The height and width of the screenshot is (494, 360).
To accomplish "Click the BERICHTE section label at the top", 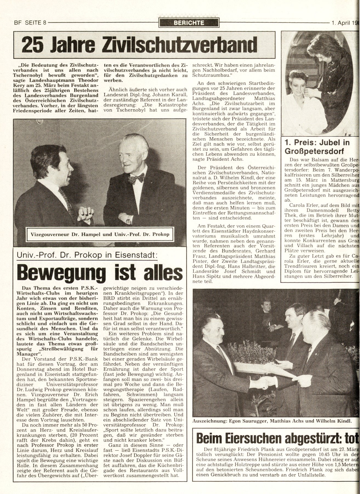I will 189,23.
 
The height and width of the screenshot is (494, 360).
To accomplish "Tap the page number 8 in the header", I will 44,23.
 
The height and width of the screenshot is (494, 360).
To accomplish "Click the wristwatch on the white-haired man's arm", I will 128,220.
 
